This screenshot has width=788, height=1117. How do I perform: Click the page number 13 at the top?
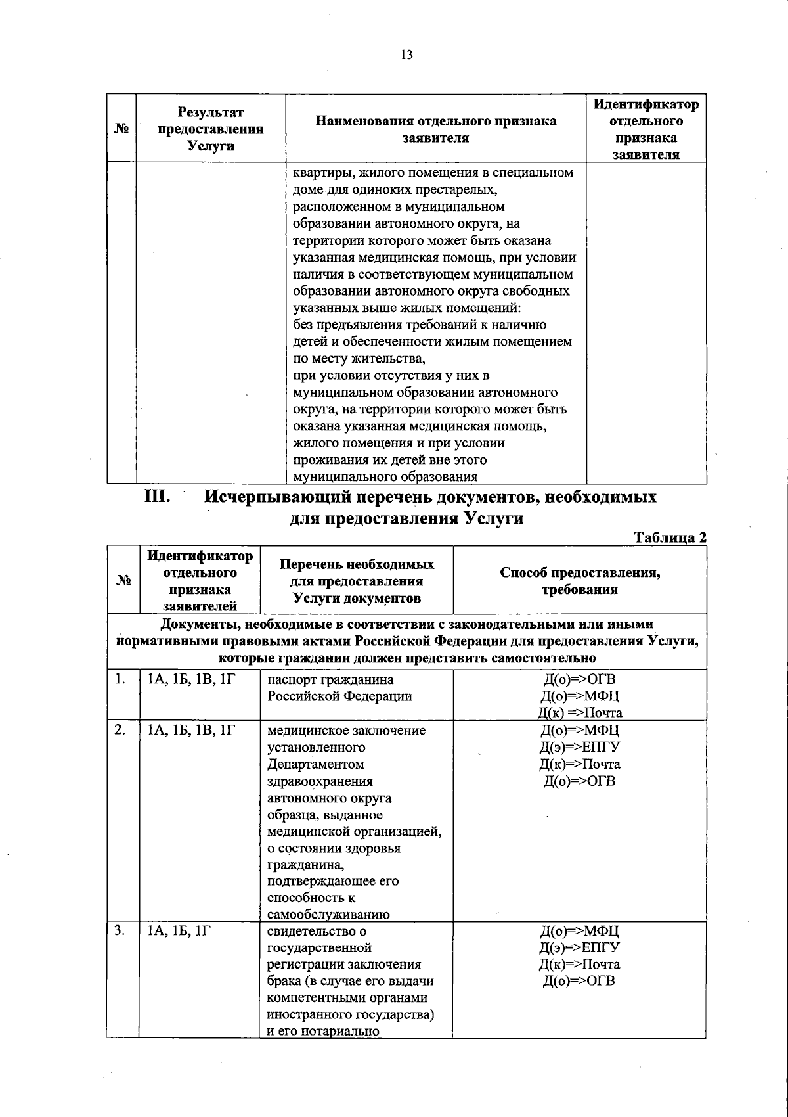tap(406, 55)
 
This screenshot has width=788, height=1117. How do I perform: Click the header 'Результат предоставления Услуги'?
tap(211, 129)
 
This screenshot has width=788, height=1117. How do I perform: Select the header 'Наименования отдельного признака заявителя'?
tap(435, 129)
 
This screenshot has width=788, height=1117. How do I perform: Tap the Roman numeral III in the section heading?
tap(158, 497)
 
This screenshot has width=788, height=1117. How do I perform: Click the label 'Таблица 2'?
tap(670, 537)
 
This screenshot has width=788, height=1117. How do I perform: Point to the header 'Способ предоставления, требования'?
tap(580, 581)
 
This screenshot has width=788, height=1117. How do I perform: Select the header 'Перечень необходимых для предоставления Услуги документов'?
tap(357, 581)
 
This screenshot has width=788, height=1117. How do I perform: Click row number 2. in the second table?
tap(120, 730)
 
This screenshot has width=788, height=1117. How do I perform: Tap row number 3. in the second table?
tap(120, 930)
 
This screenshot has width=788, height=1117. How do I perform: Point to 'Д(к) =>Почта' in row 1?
tap(580, 713)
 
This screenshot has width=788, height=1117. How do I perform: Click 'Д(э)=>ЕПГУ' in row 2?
tap(580, 747)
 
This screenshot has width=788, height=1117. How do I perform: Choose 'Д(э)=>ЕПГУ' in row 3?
tap(580, 947)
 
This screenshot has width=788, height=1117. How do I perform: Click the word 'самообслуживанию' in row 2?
tap(328, 914)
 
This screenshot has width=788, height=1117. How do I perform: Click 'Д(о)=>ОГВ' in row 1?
tap(580, 679)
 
